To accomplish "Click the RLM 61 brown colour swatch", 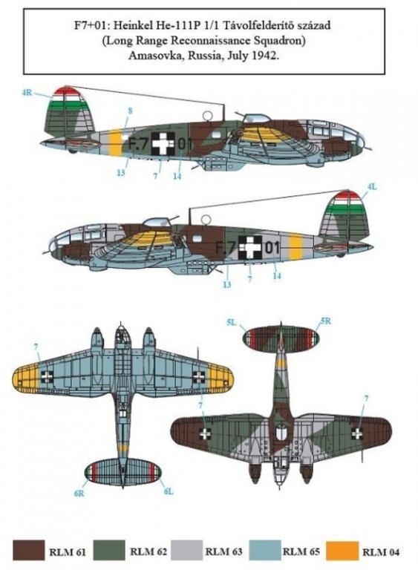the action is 28,551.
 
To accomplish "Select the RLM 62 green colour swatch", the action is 109,551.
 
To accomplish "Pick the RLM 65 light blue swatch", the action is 265,551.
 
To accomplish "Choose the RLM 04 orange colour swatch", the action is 342,551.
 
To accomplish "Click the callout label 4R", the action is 27,93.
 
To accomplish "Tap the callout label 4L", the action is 372,187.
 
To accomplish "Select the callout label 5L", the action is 232,322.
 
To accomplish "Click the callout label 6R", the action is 79,493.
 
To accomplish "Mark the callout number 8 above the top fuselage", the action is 130,111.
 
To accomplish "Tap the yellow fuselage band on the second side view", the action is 295,248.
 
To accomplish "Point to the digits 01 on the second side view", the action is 272,248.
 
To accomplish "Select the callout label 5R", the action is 326,321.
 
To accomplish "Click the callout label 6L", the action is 168,491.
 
